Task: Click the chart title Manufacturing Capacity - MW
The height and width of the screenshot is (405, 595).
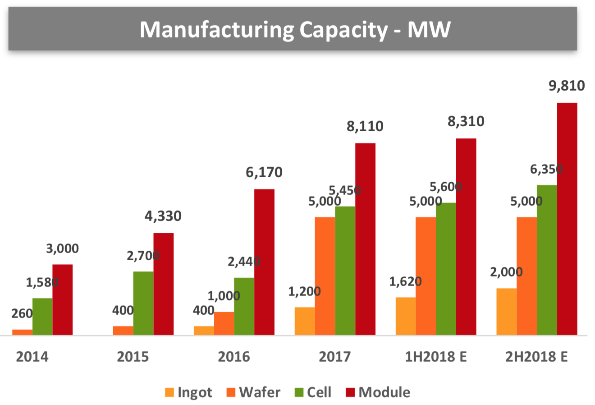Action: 295,29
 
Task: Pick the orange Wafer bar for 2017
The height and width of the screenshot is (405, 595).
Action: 325,276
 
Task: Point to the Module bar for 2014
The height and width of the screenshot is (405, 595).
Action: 63,299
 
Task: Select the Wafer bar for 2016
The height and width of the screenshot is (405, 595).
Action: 224,323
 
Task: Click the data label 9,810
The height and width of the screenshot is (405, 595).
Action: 567,86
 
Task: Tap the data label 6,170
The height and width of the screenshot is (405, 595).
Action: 264,172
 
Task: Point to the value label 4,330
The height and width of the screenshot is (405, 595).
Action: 163,216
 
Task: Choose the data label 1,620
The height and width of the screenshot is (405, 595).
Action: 405,281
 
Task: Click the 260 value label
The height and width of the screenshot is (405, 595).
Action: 22,313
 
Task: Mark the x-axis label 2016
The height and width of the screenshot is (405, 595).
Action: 233,357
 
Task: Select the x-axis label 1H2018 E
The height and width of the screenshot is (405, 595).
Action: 435,357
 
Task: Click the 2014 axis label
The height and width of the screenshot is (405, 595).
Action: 32,357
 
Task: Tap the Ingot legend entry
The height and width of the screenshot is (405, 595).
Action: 188,392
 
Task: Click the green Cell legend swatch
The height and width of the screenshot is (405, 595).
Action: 299,392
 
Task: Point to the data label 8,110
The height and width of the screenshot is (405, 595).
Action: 365,126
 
